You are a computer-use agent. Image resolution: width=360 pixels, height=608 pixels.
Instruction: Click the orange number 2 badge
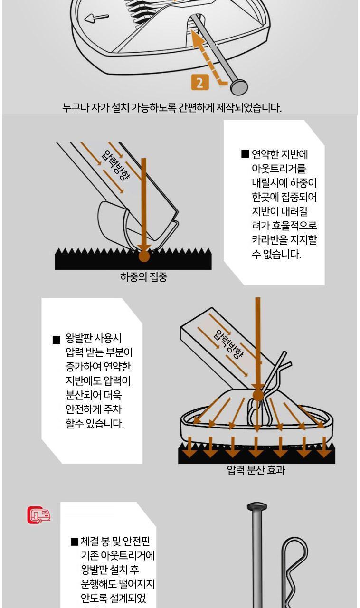tap(200, 82)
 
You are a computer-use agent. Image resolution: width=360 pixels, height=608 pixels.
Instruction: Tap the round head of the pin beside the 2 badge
tap(239, 86)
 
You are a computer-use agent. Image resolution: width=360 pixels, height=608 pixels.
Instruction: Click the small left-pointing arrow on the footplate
tap(97, 18)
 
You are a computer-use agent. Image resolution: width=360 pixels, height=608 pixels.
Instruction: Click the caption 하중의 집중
tap(143, 277)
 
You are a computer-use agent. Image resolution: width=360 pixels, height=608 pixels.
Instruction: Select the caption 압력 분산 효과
tap(256, 470)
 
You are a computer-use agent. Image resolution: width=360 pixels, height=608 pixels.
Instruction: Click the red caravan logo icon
tap(39, 515)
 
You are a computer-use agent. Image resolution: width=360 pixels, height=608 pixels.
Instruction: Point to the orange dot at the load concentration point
tap(144, 256)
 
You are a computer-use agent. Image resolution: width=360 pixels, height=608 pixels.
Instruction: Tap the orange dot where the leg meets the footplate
tap(257, 395)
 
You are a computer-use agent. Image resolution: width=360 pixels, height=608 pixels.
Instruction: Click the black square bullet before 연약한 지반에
tap(245, 153)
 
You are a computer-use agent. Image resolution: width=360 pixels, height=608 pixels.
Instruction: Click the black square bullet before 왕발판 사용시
tap(56, 340)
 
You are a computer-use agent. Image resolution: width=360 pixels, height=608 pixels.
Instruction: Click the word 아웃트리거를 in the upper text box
tap(279, 169)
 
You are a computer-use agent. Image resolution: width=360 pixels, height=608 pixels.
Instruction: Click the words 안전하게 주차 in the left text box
tap(94, 409)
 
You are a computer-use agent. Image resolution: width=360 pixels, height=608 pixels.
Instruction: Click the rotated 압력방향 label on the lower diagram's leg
tap(228, 343)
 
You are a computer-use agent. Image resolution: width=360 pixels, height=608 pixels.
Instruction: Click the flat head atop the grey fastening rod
tap(257, 506)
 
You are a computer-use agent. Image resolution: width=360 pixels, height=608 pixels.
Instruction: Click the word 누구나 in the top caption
tap(75, 107)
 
